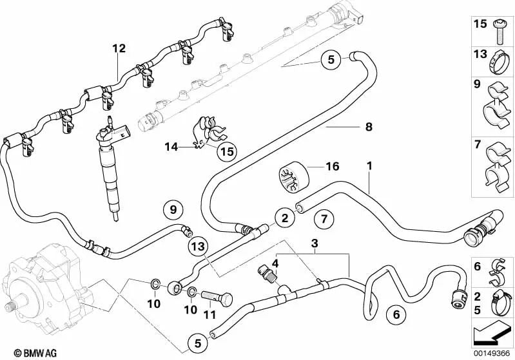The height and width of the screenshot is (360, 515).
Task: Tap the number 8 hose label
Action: [369, 127]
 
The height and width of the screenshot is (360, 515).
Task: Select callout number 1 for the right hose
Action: [369, 167]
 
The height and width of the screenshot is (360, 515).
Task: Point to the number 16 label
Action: [332, 167]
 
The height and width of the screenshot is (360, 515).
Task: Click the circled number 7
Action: [325, 220]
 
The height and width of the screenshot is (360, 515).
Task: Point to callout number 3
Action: [315, 244]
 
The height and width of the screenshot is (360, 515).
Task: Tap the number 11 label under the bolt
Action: [208, 315]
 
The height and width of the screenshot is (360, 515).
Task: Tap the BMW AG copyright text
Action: [24, 353]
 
